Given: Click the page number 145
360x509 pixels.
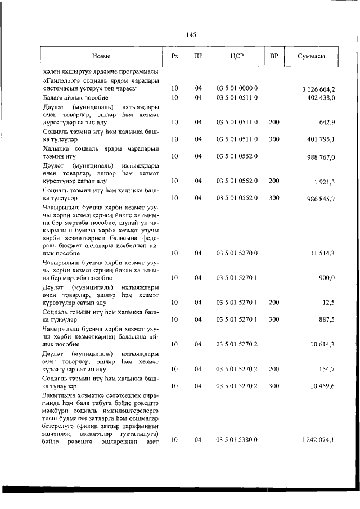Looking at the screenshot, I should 191,35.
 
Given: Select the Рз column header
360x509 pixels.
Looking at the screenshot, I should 174,56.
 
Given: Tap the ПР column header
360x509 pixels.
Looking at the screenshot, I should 198,56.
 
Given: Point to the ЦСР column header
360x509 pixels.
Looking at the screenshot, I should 237,56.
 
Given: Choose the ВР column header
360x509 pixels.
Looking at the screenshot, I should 274,56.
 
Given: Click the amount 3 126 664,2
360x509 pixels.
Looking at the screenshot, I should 318,89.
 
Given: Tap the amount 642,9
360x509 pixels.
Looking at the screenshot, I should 327,122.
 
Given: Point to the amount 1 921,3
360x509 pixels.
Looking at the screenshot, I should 325,181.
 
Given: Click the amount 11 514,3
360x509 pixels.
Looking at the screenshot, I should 323,254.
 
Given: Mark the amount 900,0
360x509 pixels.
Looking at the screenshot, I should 327,278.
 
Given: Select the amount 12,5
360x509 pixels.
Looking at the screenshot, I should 328,303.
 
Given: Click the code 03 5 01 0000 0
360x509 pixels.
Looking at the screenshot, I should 237,89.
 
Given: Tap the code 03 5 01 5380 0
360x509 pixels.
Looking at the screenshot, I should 237,439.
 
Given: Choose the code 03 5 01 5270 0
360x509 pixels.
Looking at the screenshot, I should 237,254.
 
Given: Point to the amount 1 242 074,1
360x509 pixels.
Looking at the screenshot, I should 318,439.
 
